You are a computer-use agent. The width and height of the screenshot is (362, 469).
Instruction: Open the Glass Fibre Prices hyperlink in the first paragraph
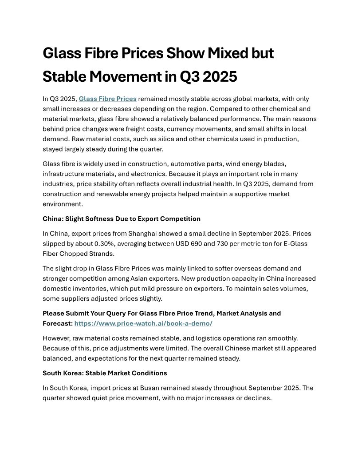[107, 99]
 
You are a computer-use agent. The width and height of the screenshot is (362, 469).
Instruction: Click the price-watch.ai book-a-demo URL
[143, 323]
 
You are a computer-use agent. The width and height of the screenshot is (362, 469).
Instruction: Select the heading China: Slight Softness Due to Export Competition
[122, 219]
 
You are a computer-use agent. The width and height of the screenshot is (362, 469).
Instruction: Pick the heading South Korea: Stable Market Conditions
[105, 373]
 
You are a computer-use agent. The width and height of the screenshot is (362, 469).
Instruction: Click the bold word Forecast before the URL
[57, 323]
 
